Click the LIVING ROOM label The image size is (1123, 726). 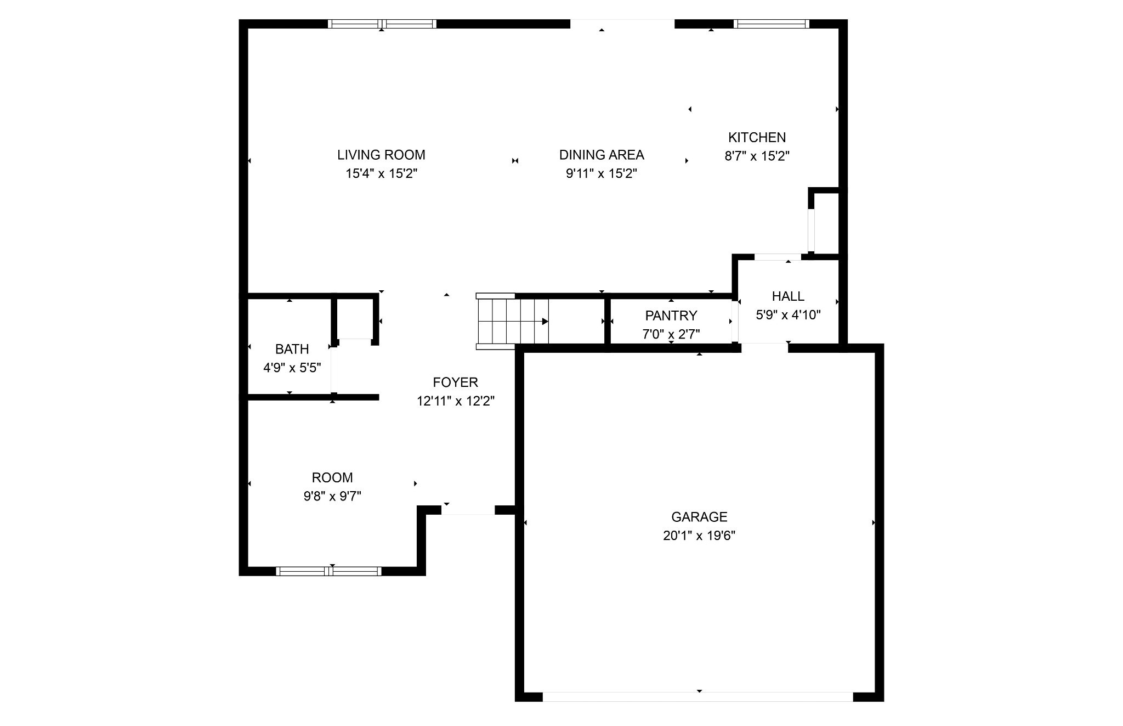pyautogui.click(x=381, y=155)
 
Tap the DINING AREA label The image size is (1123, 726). pyautogui.click(x=602, y=155)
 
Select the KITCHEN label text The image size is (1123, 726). pyautogui.click(x=757, y=137)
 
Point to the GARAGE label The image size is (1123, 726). pyautogui.click(x=699, y=517)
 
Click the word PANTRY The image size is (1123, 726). pyautogui.click(x=671, y=316)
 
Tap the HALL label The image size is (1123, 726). pyautogui.click(x=788, y=296)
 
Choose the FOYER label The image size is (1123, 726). pyautogui.click(x=455, y=382)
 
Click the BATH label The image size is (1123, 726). pyautogui.click(x=292, y=349)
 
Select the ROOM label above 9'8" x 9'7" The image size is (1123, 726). pyautogui.click(x=332, y=477)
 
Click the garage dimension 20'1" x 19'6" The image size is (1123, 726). pyautogui.click(x=699, y=536)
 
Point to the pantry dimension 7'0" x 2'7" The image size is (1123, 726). pyautogui.click(x=671, y=334)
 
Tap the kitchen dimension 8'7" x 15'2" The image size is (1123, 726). pyautogui.click(x=757, y=156)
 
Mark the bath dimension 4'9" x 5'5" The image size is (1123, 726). pyautogui.click(x=292, y=368)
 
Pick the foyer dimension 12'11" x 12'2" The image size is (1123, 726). pyautogui.click(x=456, y=401)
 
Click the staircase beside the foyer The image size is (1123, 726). pyautogui.click(x=513, y=322)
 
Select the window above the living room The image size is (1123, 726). pyautogui.click(x=382, y=24)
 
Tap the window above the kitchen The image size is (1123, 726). pyautogui.click(x=772, y=24)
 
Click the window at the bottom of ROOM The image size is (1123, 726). pyautogui.click(x=328, y=571)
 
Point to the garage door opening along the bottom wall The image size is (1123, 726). pyautogui.click(x=698, y=696)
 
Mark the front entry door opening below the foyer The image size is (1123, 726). pyautogui.click(x=468, y=510)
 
